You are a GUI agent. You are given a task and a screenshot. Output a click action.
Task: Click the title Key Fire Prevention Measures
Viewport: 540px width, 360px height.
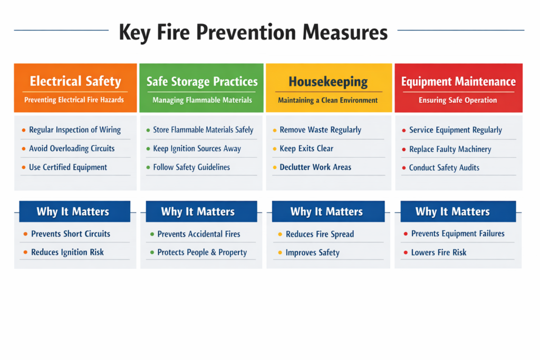click(x=253, y=32)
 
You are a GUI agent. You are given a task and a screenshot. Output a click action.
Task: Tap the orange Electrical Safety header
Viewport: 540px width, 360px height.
click(x=75, y=81)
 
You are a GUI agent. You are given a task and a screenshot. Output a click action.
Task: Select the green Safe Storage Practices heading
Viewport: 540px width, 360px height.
click(x=202, y=81)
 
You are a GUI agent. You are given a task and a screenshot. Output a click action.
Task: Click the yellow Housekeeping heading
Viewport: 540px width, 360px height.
click(x=328, y=82)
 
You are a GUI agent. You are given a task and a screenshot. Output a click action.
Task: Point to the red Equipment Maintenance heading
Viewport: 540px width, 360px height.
click(x=458, y=82)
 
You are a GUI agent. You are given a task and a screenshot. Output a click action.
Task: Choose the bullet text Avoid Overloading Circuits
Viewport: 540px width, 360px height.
click(x=72, y=149)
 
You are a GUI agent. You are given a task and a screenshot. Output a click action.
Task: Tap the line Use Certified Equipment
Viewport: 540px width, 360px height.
click(x=68, y=168)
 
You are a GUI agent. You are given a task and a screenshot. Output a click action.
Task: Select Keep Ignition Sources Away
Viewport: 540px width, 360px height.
click(x=197, y=149)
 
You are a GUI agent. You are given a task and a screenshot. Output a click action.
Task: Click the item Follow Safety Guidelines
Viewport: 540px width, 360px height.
click(x=191, y=168)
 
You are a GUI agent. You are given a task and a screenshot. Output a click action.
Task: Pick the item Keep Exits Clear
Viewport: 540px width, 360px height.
click(x=306, y=149)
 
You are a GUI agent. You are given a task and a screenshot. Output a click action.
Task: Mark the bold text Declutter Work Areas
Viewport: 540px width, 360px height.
click(x=315, y=168)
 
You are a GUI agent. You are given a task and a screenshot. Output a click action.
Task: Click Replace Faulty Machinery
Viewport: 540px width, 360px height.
click(x=450, y=149)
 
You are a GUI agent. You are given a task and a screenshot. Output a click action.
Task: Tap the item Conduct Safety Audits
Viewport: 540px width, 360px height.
click(x=444, y=168)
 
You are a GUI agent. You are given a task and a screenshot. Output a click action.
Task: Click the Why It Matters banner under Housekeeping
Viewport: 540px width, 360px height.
click(x=326, y=212)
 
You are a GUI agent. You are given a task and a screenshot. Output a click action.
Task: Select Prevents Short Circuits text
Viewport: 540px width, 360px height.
click(x=71, y=233)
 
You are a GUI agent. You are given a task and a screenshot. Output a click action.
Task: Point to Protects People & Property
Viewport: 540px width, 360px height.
click(x=202, y=252)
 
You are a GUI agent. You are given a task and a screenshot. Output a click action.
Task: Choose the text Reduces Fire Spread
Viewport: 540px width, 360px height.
click(x=320, y=234)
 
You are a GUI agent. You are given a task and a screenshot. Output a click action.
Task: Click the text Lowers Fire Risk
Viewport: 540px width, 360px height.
click(x=439, y=252)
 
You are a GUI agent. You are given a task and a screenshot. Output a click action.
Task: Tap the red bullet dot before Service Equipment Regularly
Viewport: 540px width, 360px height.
click(x=404, y=130)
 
